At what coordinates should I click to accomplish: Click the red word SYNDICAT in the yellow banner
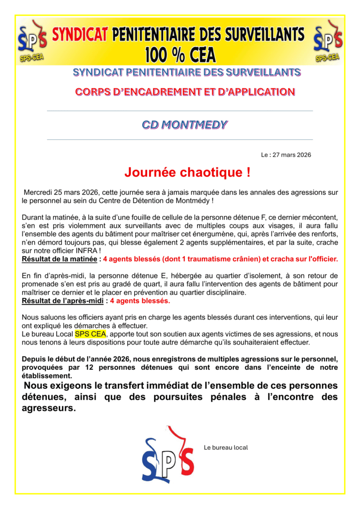[80, 35]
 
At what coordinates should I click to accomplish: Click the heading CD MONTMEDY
[184, 125]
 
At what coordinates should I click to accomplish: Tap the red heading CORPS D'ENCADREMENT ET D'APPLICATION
[184, 92]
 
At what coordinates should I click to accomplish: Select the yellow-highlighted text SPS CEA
[90, 334]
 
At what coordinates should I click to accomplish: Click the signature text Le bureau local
[226, 447]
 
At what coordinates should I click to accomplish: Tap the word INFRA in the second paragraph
[104, 251]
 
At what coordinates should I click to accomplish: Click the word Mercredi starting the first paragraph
[40, 192]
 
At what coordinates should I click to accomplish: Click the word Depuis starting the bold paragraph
[34, 359]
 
